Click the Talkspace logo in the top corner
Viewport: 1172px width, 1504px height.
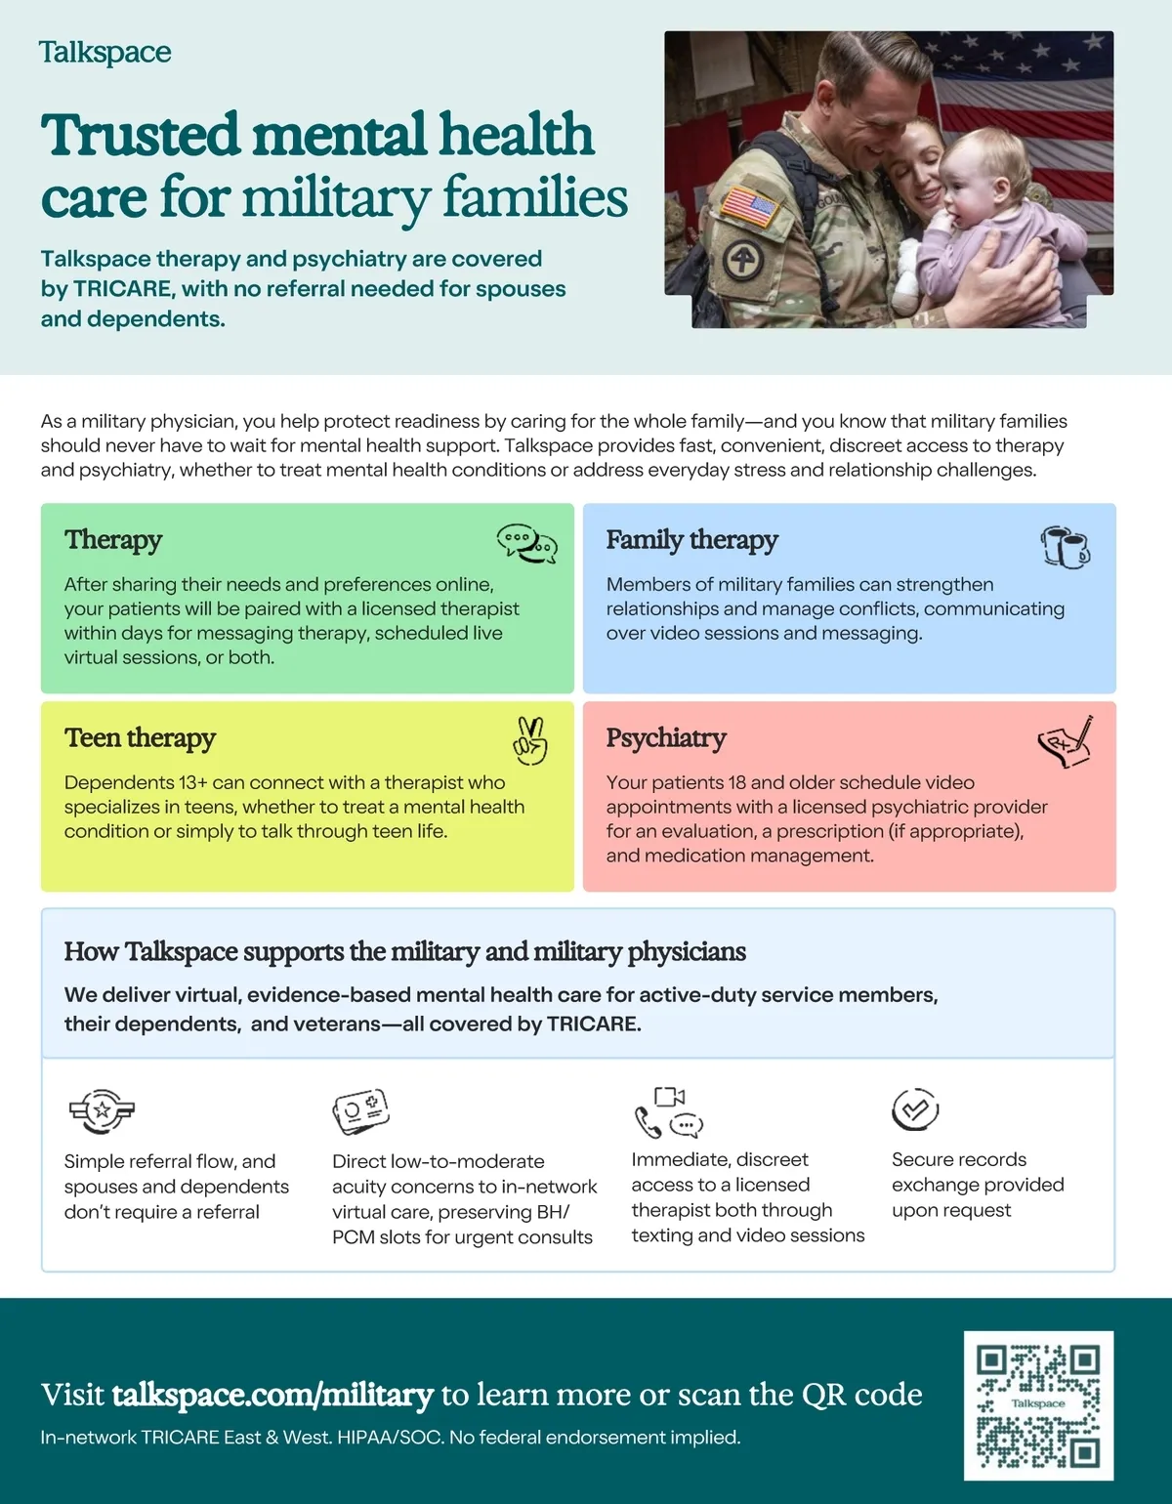[x=105, y=53]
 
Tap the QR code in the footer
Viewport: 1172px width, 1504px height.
[x=1038, y=1405]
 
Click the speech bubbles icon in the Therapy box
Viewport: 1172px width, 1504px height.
[x=527, y=544]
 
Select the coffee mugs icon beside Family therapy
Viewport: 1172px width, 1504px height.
[x=1067, y=547]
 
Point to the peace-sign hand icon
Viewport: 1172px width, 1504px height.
[x=530, y=741]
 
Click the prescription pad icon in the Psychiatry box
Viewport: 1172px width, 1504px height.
[x=1067, y=741]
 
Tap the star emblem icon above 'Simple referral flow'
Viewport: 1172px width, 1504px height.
[x=102, y=1110]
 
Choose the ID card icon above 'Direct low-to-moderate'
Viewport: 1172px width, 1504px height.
[x=360, y=1110]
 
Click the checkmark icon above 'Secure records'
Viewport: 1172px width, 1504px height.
[x=915, y=1109]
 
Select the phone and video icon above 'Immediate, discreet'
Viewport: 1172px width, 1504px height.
[x=669, y=1112]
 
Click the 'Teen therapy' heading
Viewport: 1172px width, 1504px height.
[x=140, y=737]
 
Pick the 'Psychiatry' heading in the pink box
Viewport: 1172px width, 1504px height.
[x=666, y=738]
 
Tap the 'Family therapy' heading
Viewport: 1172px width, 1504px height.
[x=691, y=540]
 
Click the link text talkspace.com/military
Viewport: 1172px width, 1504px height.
[x=272, y=1396]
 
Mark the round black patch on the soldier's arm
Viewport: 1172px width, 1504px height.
[x=742, y=260]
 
